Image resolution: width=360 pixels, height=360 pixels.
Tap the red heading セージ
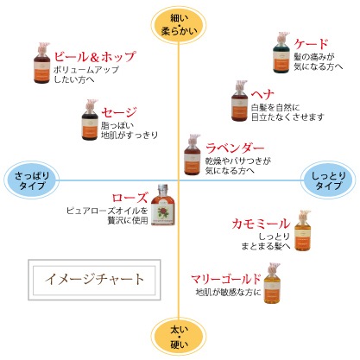pyautogui.click(x=119, y=112)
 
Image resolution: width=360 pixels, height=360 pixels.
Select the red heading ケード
pyautogui.click(x=310, y=43)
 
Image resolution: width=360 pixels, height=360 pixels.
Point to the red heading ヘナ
pyautogui.click(x=263, y=93)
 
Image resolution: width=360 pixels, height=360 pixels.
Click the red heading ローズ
pyautogui.click(x=130, y=198)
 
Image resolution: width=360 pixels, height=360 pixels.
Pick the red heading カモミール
pyautogui.click(x=261, y=224)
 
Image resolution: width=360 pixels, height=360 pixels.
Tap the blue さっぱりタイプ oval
pyautogui.click(x=32, y=180)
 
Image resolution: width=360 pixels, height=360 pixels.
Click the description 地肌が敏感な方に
pyautogui.click(x=228, y=293)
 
